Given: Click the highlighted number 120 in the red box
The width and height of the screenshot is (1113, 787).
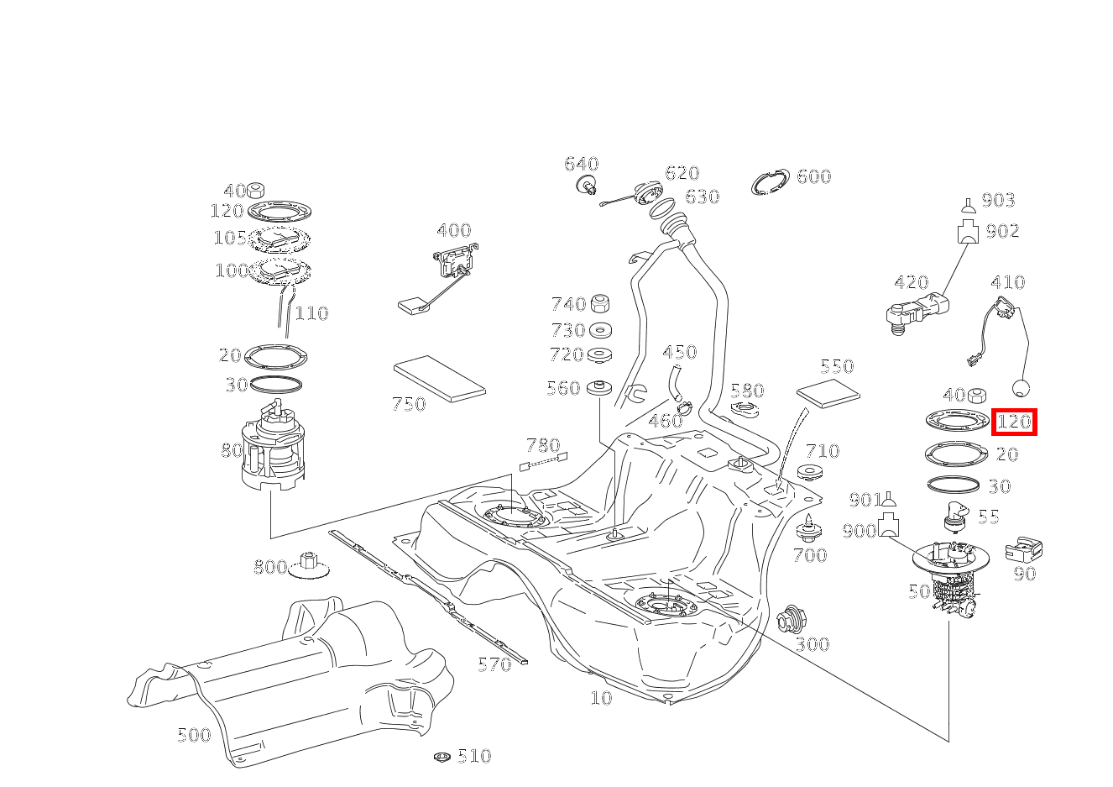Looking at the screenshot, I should pyautogui.click(x=1014, y=422).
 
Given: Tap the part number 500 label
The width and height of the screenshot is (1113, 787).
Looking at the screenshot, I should pyautogui.click(x=194, y=736).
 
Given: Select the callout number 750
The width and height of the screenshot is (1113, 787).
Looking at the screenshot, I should pyautogui.click(x=409, y=404).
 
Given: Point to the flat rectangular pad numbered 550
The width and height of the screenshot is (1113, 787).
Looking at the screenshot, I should pyautogui.click(x=828, y=392).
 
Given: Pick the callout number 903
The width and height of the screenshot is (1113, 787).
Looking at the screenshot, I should pyautogui.click(x=998, y=200).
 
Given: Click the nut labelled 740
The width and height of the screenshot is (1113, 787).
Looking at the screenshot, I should pyautogui.click(x=600, y=304).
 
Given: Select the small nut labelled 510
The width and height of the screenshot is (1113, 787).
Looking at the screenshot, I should pyautogui.click(x=442, y=758).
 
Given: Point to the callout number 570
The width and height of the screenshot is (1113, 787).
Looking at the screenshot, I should pyautogui.click(x=494, y=665).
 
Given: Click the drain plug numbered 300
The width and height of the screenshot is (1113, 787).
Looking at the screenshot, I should pyautogui.click(x=792, y=620).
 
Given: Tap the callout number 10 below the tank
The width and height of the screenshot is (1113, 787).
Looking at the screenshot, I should pyautogui.click(x=601, y=698).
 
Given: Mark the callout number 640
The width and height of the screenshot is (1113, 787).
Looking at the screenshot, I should pyautogui.click(x=581, y=164).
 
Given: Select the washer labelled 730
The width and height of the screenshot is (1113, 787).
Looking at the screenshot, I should pyautogui.click(x=600, y=330).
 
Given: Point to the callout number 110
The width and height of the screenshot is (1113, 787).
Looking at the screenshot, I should pyautogui.click(x=311, y=313).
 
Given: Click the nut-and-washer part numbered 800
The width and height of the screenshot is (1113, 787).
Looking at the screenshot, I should pyautogui.click(x=308, y=568).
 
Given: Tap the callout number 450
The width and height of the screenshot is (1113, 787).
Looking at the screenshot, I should pyautogui.click(x=679, y=352).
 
